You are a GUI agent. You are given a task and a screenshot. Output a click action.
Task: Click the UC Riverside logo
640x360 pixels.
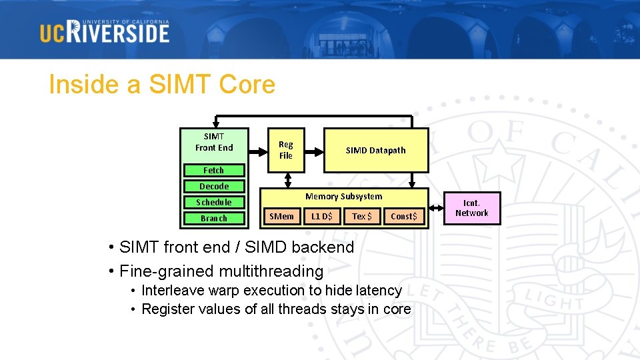click(105, 31)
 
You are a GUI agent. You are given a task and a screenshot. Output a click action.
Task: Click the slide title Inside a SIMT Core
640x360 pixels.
click(161, 85)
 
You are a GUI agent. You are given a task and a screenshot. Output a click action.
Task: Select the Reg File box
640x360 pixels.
click(286, 150)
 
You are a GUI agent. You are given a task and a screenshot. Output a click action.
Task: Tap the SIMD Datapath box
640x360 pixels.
click(375, 150)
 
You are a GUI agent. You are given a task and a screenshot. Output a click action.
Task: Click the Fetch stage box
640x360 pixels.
click(214, 171)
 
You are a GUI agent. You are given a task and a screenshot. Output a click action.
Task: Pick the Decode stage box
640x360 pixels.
click(214, 187)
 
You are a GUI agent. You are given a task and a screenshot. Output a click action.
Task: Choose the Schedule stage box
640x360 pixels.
click(214, 203)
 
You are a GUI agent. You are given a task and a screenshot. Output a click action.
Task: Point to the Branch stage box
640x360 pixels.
click(214, 219)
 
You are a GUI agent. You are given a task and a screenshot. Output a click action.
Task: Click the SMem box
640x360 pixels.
click(281, 216)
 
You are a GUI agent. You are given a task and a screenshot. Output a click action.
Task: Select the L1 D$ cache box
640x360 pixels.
click(322, 216)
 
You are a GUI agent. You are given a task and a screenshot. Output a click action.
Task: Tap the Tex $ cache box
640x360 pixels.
click(362, 216)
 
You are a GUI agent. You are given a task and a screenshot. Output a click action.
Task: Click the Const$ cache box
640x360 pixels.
click(404, 216)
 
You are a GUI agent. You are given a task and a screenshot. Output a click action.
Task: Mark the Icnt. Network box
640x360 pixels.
click(471, 208)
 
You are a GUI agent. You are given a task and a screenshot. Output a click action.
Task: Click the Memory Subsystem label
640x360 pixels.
click(343, 197)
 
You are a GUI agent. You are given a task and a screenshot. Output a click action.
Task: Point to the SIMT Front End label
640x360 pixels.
click(214, 142)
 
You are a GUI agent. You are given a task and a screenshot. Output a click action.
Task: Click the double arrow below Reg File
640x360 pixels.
click(287, 180)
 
